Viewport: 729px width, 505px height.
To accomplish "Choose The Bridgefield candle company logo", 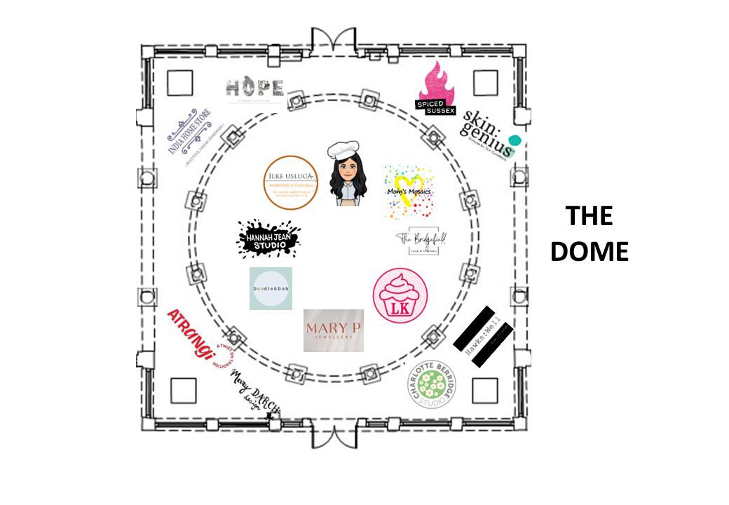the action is [x=422, y=241].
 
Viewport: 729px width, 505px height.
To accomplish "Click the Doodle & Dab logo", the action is [x=271, y=288].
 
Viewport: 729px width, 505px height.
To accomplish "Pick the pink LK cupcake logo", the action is [x=400, y=296].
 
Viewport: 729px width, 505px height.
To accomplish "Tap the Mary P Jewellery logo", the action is [x=334, y=330].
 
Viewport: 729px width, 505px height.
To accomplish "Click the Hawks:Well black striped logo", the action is [x=484, y=336].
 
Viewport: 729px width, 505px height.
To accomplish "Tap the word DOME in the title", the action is [x=589, y=251].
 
